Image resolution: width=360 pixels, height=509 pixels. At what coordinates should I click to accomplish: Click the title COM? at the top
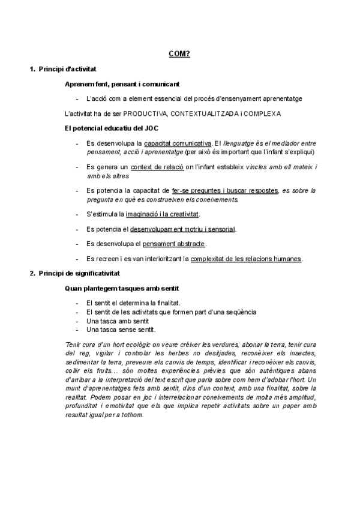pyautogui.click(x=179, y=55)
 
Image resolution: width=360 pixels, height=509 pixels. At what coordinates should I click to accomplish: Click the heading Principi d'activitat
pyautogui.click(x=67, y=70)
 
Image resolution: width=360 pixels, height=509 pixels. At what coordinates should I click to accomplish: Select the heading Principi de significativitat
pyautogui.click(x=79, y=274)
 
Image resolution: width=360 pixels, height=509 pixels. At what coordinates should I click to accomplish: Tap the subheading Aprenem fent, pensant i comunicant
pyautogui.click(x=122, y=84)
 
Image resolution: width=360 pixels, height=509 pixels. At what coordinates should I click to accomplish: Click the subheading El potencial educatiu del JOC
pyautogui.click(x=112, y=128)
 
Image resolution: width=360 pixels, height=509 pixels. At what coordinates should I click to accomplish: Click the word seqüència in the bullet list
pyautogui.click(x=239, y=312)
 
